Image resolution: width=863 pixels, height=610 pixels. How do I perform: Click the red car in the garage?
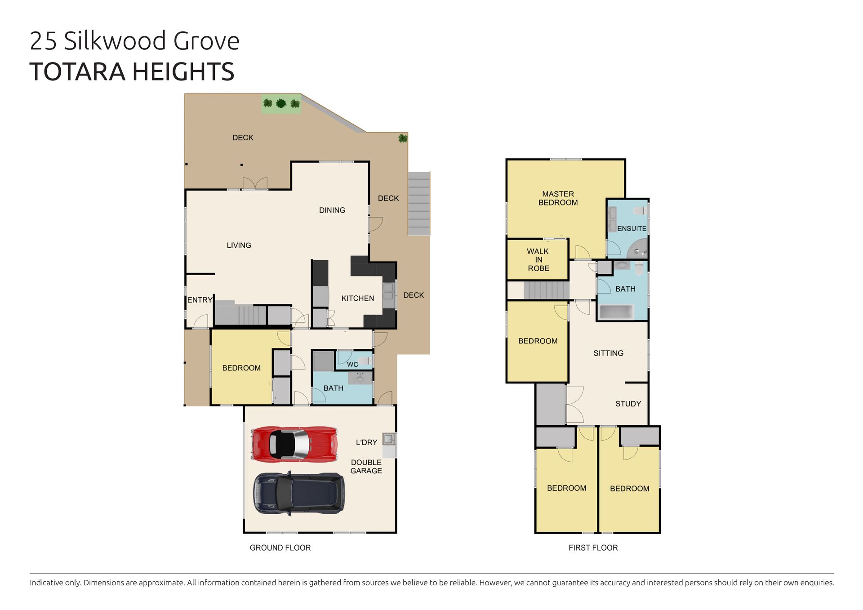[x=294, y=444]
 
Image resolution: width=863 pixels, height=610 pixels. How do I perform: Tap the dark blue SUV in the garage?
[x=299, y=493]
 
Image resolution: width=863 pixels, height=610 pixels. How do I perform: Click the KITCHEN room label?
[x=357, y=298]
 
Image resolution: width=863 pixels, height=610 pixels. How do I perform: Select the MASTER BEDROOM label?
[x=558, y=198]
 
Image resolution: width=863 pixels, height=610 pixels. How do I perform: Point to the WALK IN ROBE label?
[x=538, y=260]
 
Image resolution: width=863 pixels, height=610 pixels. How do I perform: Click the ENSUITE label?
[x=632, y=228]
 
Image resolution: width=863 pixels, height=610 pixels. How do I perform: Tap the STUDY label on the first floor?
[x=628, y=404]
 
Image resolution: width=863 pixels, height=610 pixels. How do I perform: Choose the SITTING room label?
[x=608, y=353]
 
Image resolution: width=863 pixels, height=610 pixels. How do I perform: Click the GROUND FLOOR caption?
[x=280, y=548]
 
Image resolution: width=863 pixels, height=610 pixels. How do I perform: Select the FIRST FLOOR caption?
[x=593, y=548]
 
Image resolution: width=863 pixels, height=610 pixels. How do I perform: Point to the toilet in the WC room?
[x=365, y=361]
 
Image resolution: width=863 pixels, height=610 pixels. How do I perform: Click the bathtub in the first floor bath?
[x=616, y=312]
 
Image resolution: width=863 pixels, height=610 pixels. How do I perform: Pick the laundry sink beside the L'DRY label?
[x=389, y=439]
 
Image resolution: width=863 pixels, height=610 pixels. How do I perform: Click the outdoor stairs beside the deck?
[x=419, y=204]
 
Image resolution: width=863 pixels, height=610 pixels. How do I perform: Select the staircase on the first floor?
[x=547, y=290]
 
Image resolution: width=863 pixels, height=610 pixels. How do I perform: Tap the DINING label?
[x=332, y=210]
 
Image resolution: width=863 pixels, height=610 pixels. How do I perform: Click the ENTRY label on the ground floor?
[x=200, y=300]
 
